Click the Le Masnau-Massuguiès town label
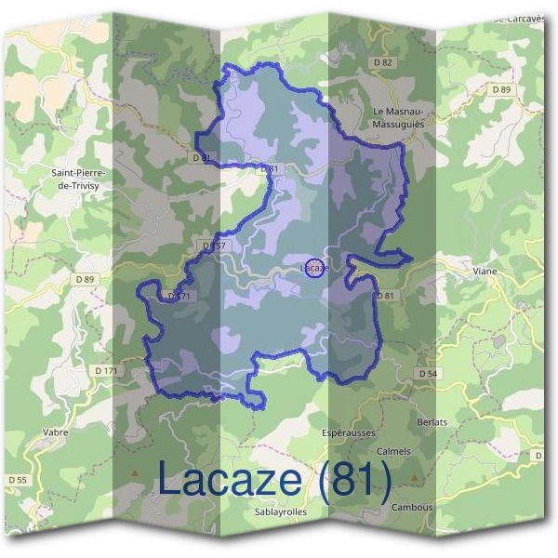coord(397,117)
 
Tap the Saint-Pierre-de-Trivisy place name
coord(79,179)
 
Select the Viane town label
coord(484,272)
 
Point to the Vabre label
coord(56,432)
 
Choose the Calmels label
coord(394,451)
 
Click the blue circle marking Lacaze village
coord(314,268)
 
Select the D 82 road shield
coord(382,62)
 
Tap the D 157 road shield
coord(213,246)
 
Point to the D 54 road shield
coord(428,373)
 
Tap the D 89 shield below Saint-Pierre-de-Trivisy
coord(86,279)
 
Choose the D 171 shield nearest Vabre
coord(107,371)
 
